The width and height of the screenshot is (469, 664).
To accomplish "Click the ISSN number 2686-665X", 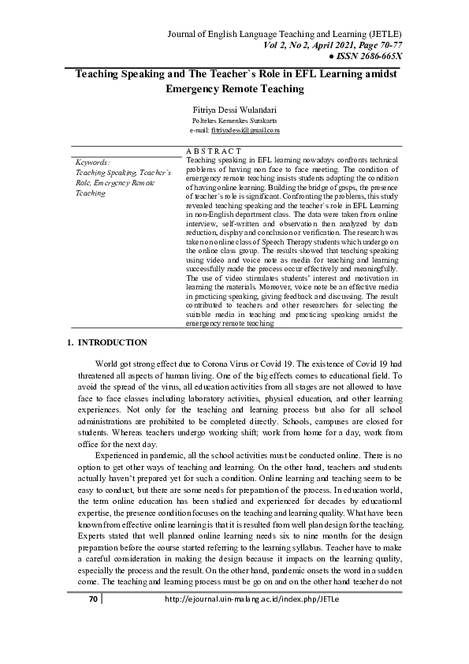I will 375,57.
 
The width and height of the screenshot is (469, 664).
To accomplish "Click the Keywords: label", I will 92,162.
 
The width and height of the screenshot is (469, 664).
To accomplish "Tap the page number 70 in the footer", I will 92,643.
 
